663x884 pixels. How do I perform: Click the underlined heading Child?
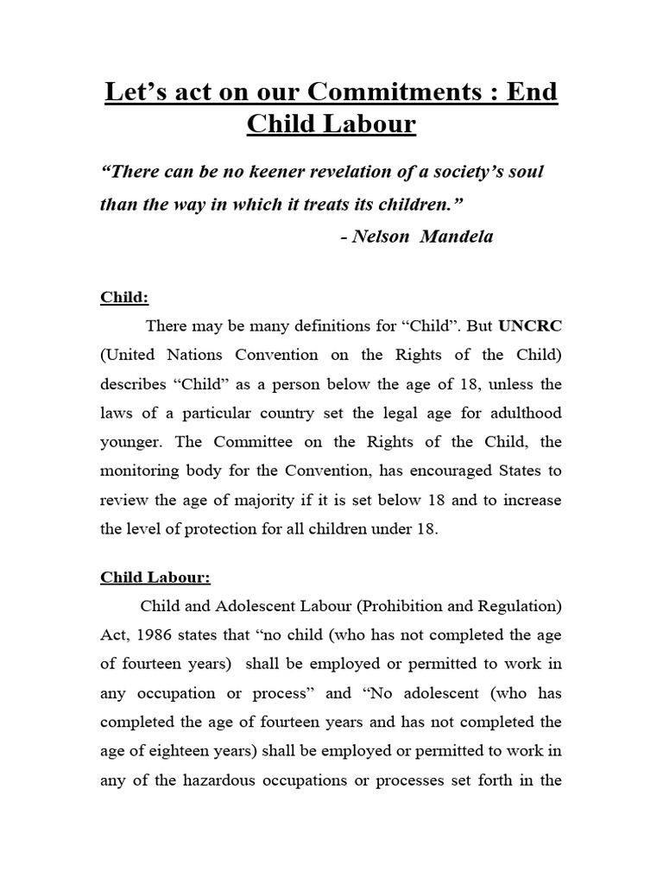tap(124, 297)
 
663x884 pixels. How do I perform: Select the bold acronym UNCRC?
tap(528, 326)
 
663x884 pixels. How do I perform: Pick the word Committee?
tap(252, 441)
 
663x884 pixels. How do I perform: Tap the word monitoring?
tap(138, 470)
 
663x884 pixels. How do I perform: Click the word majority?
tap(258, 500)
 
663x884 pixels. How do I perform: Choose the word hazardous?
tap(218, 781)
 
